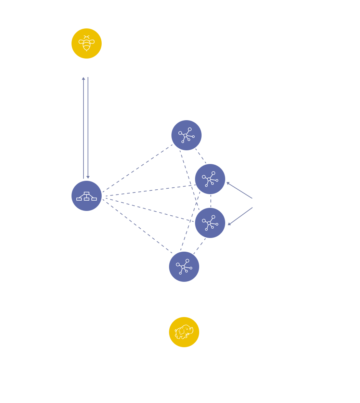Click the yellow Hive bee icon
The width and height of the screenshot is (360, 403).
click(87, 43)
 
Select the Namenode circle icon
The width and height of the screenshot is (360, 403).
click(87, 196)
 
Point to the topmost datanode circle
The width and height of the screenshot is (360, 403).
click(187, 135)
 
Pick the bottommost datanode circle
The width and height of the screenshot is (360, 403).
click(184, 267)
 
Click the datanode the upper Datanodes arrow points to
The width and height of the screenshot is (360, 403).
click(210, 179)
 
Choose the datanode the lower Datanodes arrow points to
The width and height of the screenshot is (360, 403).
click(210, 223)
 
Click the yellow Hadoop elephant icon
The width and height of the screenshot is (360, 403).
click(184, 332)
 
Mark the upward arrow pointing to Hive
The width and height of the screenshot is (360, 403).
click(83, 127)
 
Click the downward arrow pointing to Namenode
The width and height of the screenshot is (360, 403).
click(88, 127)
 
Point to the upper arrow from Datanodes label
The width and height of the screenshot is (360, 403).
click(240, 190)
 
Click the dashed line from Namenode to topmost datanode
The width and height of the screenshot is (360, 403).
click(137, 167)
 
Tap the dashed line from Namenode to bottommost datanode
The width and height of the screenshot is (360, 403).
click(137, 226)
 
